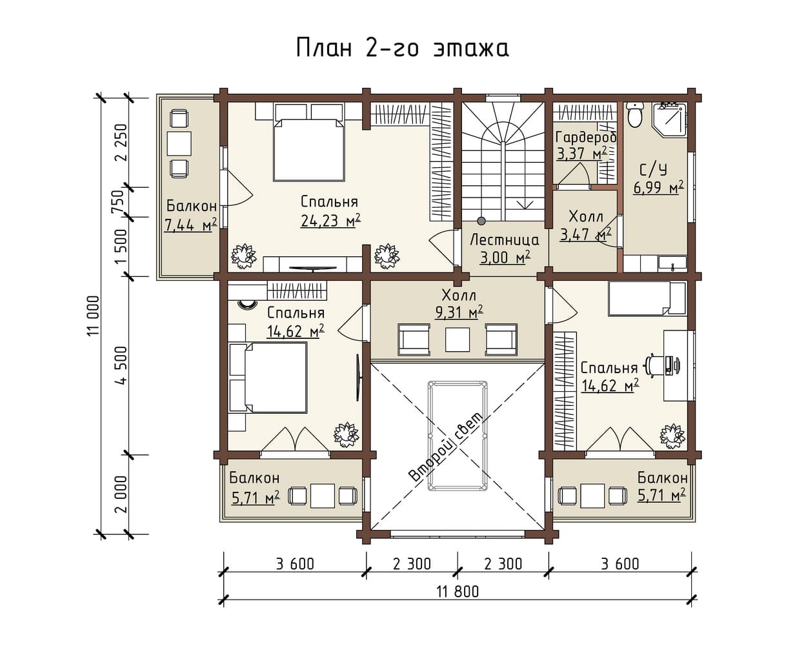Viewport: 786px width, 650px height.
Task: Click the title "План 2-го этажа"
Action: (x=403, y=48)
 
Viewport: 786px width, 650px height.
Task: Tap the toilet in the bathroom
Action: (x=635, y=114)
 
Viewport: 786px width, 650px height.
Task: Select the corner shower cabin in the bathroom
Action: (x=669, y=118)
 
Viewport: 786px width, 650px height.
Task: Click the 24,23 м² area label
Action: (x=330, y=220)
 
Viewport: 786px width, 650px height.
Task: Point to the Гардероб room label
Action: (x=586, y=137)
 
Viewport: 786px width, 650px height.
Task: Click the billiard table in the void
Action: (x=458, y=436)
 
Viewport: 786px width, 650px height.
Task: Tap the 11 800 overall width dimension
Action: (x=458, y=592)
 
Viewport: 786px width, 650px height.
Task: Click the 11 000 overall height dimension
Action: (x=94, y=316)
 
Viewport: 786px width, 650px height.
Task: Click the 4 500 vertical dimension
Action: (x=123, y=365)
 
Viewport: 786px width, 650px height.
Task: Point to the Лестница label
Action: (x=505, y=240)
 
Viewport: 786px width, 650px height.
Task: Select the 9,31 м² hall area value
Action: (x=459, y=312)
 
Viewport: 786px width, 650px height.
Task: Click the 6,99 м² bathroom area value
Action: (x=658, y=187)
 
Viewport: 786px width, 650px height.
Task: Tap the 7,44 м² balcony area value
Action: (x=191, y=225)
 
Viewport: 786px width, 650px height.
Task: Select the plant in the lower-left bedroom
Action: (x=346, y=435)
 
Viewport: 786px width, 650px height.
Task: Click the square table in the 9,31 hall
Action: (x=458, y=340)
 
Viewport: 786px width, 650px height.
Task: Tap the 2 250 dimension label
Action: (x=123, y=143)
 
